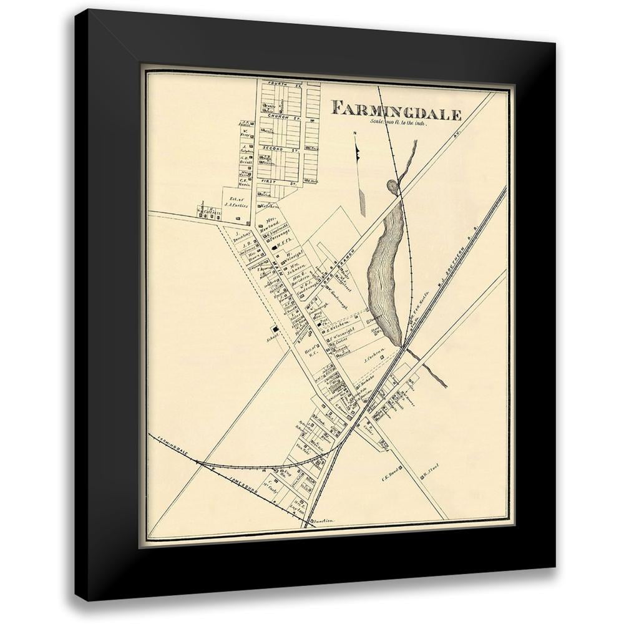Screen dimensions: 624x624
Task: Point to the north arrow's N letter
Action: (x=354, y=133)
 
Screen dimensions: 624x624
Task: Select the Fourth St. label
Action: (x=276, y=83)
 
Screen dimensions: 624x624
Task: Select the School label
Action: (x=271, y=339)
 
